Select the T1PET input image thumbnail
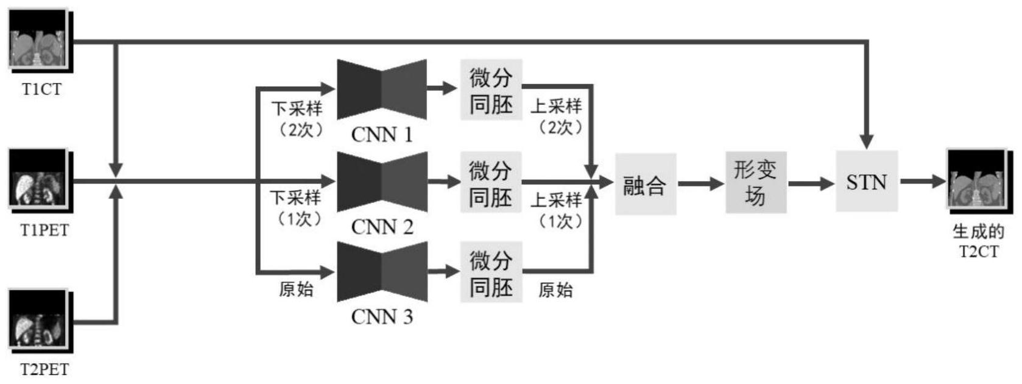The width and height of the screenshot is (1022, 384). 38,180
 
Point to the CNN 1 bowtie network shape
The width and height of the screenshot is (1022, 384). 382,90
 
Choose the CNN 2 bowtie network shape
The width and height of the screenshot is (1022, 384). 382,182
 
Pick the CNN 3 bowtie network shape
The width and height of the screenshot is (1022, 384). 382,272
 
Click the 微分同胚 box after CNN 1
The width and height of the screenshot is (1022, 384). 491,90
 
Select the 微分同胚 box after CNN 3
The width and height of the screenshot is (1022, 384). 491,272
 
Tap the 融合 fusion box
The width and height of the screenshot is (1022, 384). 645,183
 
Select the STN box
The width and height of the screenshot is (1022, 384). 866,182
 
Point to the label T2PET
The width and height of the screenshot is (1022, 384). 44,369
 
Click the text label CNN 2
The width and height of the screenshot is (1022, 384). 382,227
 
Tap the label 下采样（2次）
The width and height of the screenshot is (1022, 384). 297,119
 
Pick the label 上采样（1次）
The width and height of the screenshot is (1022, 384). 556,210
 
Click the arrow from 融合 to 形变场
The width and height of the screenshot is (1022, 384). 700,183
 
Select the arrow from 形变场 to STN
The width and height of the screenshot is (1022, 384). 811,183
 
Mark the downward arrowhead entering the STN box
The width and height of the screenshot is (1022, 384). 867,141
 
